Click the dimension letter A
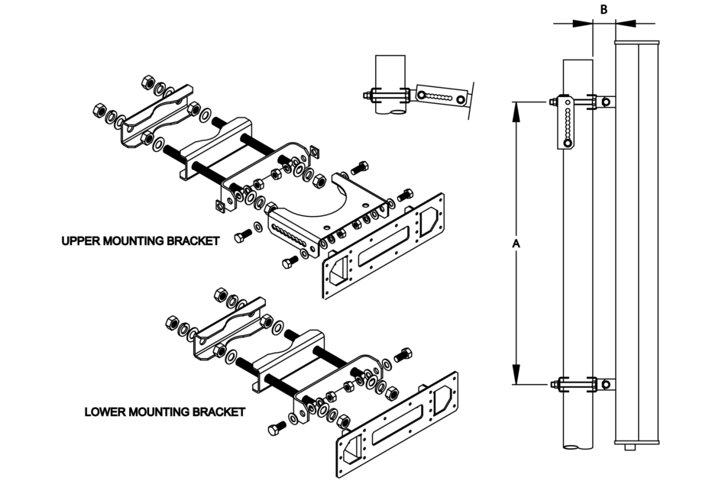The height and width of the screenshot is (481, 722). coord(516,243)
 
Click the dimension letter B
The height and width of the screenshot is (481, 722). coord(604,9)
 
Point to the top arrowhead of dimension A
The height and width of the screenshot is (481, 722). coord(516,108)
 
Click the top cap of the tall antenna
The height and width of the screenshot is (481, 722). coord(636,42)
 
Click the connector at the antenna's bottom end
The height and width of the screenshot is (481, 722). coord(631,446)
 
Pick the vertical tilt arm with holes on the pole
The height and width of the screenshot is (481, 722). coord(566,124)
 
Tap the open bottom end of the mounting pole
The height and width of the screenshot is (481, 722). coord(577,449)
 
